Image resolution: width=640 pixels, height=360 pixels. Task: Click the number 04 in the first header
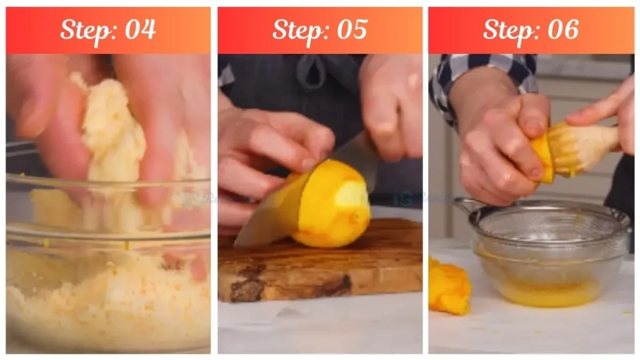coord(140,30)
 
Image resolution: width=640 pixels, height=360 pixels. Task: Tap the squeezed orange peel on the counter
coord(449,287)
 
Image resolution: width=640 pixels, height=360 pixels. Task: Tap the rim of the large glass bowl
coord(106,182)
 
